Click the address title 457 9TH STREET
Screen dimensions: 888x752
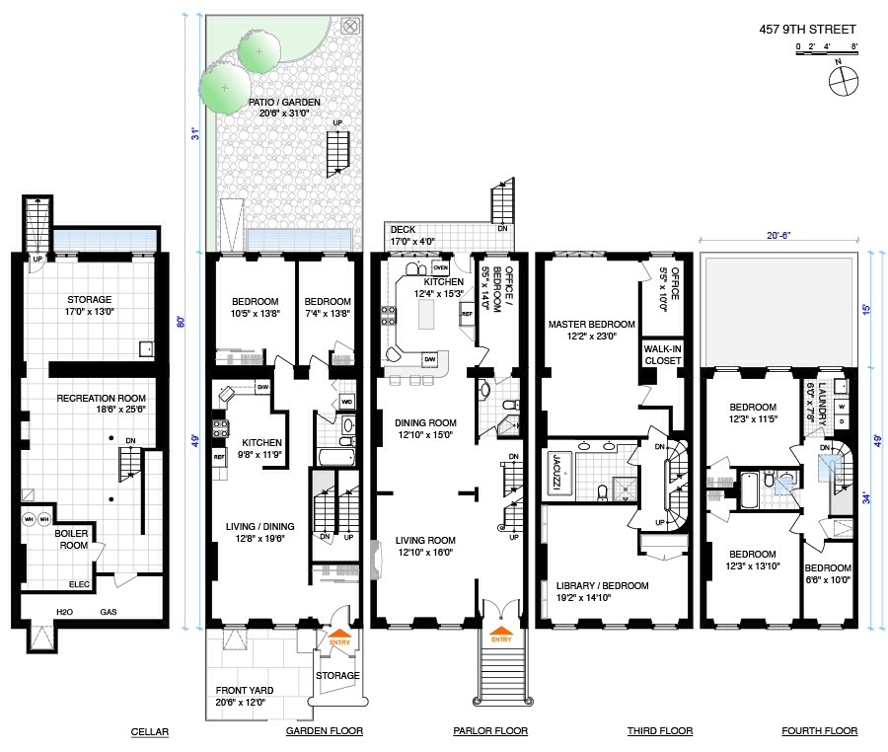point(807,29)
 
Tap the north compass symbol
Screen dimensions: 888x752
point(844,80)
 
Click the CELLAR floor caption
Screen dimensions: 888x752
point(150,731)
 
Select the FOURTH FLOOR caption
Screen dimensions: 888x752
point(820,730)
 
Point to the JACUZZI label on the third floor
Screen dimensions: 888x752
point(556,472)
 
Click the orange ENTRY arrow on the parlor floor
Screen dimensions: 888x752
point(500,631)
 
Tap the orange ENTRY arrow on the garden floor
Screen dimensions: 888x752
point(339,634)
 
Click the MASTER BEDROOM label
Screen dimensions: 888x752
point(591,325)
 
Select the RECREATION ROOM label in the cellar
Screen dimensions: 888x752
point(101,398)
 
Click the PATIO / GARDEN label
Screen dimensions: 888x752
point(284,102)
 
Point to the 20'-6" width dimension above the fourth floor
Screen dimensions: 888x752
point(778,235)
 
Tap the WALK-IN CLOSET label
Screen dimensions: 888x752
point(663,354)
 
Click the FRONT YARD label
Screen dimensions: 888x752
point(245,690)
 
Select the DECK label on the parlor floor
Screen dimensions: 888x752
point(404,229)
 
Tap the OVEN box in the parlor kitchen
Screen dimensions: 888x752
point(441,267)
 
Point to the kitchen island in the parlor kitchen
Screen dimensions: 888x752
point(426,314)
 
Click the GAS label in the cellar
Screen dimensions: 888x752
point(109,612)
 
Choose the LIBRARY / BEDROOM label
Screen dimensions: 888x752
point(602,585)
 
